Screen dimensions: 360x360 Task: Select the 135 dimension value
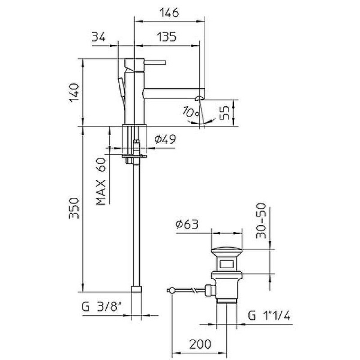[x=166, y=37]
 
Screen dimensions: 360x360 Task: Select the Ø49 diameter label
[x=164, y=140]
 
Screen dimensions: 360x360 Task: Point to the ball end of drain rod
[x=171, y=289]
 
